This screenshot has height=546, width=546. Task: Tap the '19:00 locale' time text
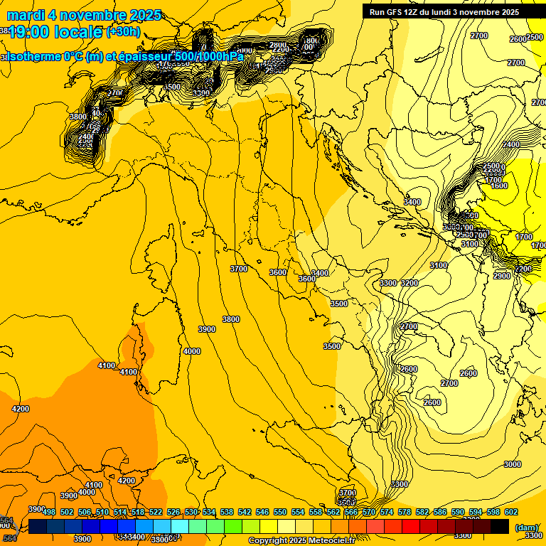tap(55, 32)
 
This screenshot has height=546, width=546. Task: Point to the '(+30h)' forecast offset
tap(123, 32)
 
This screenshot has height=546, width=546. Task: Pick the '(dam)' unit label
tap(525, 527)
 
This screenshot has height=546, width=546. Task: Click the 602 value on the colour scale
tap(511, 512)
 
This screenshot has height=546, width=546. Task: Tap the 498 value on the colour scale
tap(49, 512)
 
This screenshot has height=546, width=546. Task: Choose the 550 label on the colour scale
tap(280, 512)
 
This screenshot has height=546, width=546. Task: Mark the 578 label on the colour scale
tap(405, 512)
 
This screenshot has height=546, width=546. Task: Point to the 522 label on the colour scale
tap(156, 512)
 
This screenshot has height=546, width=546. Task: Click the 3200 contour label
tap(409, 283)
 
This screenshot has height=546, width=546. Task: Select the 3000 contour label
tap(512, 464)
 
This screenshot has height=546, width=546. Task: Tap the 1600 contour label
tap(499, 186)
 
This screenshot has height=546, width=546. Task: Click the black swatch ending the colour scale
tap(500, 526)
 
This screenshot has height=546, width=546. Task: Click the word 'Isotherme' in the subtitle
tap(34, 56)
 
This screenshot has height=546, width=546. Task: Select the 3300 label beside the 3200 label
tap(388, 283)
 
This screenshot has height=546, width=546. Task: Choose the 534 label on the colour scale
tap(209, 512)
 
